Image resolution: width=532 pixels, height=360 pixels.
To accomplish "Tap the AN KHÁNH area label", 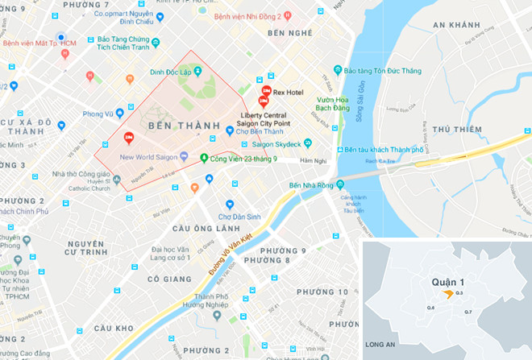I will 456,26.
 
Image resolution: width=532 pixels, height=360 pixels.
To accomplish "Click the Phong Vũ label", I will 98,114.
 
